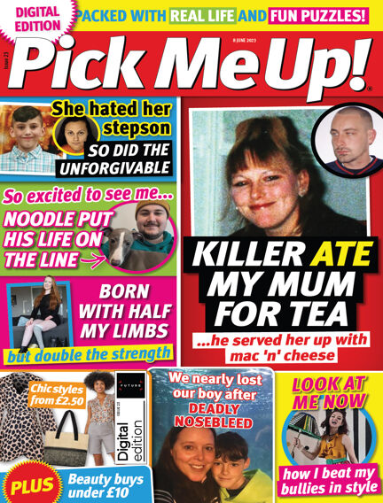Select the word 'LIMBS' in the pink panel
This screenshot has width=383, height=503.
(x=145, y=333)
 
